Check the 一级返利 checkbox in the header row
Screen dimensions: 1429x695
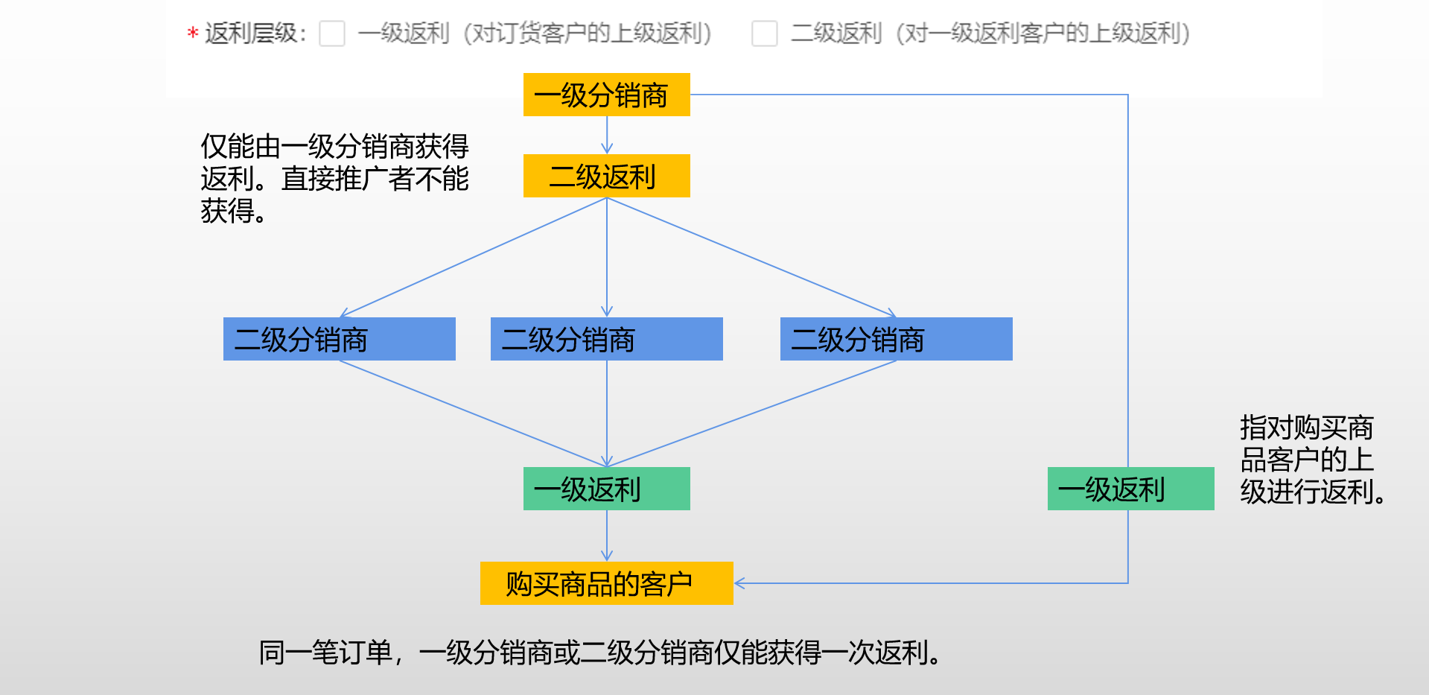332,34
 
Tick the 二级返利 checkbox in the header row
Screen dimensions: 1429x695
765,34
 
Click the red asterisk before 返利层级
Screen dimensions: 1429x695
192,34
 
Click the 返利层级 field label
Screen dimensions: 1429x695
255,34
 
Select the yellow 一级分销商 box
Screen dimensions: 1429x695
607,95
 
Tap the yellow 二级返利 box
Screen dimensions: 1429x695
607,176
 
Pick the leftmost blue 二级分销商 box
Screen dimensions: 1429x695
340,339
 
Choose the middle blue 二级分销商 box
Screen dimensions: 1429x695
607,339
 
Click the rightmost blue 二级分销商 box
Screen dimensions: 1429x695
897,339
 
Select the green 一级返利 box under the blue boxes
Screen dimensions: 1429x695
607,489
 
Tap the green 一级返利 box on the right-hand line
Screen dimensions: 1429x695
1131,489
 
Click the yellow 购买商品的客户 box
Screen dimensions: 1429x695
607,583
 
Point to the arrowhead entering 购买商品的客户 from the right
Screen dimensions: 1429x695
739,583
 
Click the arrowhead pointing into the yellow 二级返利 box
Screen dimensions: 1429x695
607,149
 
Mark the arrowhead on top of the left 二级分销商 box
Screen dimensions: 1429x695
344,314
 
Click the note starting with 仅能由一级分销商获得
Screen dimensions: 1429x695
335,179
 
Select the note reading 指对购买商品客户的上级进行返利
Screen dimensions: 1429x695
1313,460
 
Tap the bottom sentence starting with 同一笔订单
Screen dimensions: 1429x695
600,653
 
